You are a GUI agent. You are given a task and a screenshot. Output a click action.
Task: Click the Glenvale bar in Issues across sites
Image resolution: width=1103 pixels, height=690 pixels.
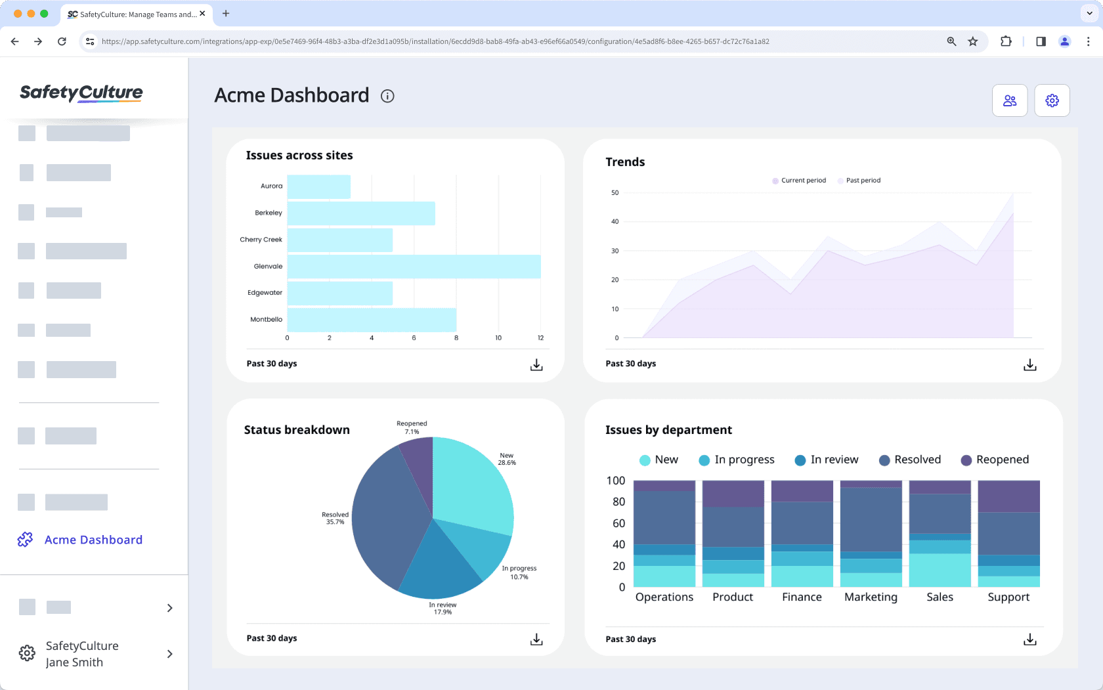pos(414,267)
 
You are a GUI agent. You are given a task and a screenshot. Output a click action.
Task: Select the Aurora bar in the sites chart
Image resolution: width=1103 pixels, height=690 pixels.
pos(318,187)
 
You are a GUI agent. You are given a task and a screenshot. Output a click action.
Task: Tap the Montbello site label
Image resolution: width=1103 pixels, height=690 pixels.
pos(266,320)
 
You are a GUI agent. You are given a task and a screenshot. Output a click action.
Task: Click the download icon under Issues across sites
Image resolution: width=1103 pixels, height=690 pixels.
pos(536,365)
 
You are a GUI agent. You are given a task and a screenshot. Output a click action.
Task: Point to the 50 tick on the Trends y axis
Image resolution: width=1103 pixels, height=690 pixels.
pos(615,193)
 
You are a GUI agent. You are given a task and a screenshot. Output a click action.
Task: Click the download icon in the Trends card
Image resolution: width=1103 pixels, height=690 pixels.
pos(1029,365)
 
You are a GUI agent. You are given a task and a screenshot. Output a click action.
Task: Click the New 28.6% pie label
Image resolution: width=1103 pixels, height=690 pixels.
pos(507,459)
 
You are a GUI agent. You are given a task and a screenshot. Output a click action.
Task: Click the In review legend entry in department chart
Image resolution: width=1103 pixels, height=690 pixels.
pos(827,460)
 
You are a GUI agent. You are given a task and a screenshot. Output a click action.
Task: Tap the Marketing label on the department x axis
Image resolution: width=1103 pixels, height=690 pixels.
pos(871,597)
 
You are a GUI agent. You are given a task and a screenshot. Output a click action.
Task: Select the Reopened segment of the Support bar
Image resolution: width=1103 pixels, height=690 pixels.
pos(1008,496)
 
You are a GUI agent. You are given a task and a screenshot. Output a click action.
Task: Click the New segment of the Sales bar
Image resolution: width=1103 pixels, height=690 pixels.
pos(940,570)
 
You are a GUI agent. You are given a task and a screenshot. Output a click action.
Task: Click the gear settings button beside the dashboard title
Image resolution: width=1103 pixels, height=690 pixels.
pos(1052,100)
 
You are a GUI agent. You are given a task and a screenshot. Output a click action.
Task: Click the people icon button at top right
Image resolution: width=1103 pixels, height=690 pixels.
pos(1009,100)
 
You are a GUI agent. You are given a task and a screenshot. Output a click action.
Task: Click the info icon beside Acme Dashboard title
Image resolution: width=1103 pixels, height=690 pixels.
pos(387,97)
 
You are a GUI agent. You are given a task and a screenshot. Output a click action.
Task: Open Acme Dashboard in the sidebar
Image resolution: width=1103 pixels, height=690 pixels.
pos(93,540)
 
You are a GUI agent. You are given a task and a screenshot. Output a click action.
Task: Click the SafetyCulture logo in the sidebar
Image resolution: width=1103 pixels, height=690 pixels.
pos(81,93)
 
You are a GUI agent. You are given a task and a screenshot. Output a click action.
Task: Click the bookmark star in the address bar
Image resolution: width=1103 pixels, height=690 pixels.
pos(973,41)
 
